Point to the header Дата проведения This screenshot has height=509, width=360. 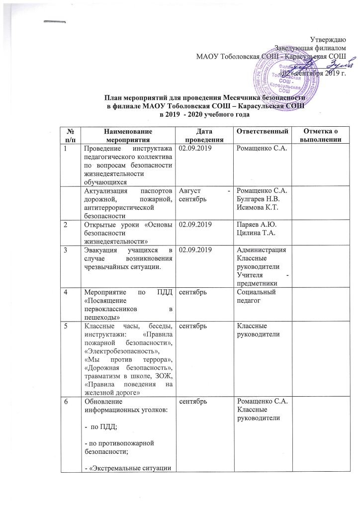coord(204,135)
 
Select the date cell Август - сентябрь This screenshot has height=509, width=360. coord(204,195)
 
